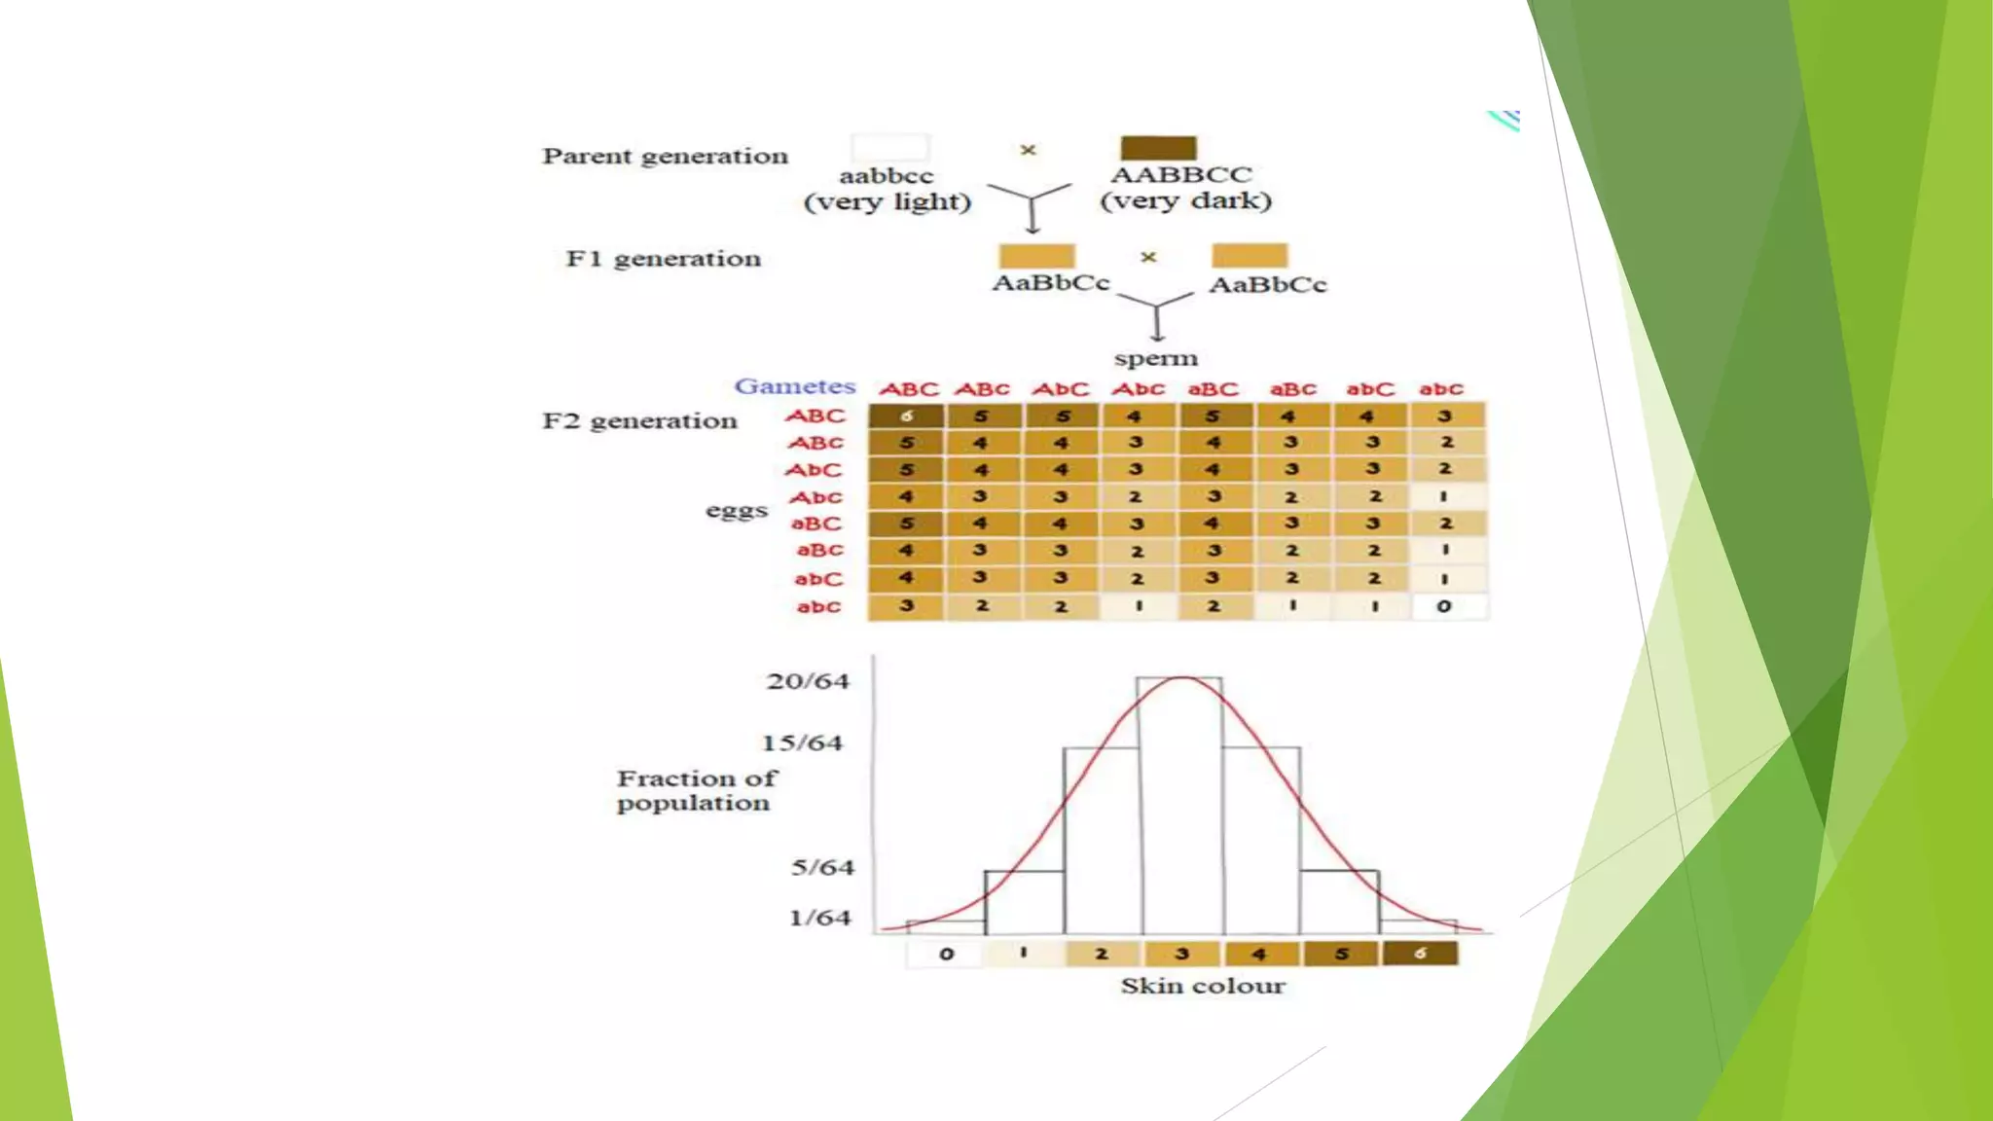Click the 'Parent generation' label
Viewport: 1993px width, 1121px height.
click(x=665, y=157)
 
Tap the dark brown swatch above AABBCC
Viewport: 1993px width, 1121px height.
click(x=1158, y=148)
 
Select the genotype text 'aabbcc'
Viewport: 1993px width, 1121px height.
click(x=886, y=176)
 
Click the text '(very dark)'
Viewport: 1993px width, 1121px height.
click(x=1185, y=201)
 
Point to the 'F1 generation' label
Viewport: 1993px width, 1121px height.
click(x=663, y=259)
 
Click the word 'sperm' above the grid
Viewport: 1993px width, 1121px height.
click(x=1155, y=359)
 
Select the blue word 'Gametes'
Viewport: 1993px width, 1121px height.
click(x=794, y=386)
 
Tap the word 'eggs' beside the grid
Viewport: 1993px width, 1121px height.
click(x=737, y=511)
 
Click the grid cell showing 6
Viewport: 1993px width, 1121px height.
click(x=906, y=416)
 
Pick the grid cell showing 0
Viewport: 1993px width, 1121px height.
click(x=1444, y=606)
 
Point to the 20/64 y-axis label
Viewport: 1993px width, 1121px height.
click(x=807, y=681)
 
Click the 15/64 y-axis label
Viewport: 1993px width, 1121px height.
click(x=802, y=743)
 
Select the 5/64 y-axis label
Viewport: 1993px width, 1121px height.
click(x=821, y=867)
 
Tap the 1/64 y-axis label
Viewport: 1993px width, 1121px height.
click(x=819, y=918)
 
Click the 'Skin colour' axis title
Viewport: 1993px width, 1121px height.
click(x=1203, y=987)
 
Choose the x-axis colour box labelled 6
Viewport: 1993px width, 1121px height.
click(x=1420, y=954)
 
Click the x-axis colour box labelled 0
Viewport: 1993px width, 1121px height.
click(x=946, y=954)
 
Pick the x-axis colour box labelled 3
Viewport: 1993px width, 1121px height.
click(x=1182, y=954)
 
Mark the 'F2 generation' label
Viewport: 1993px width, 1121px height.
click(x=639, y=421)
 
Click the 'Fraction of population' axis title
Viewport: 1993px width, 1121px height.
click(x=696, y=791)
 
